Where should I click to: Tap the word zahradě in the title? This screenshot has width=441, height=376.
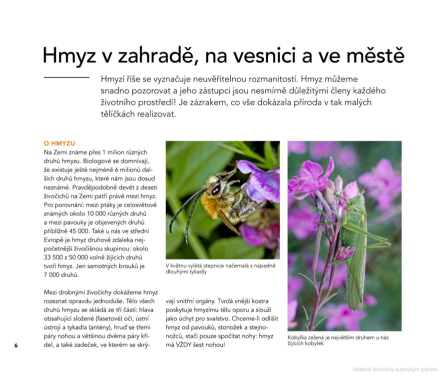pyautogui.click(x=149, y=56)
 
